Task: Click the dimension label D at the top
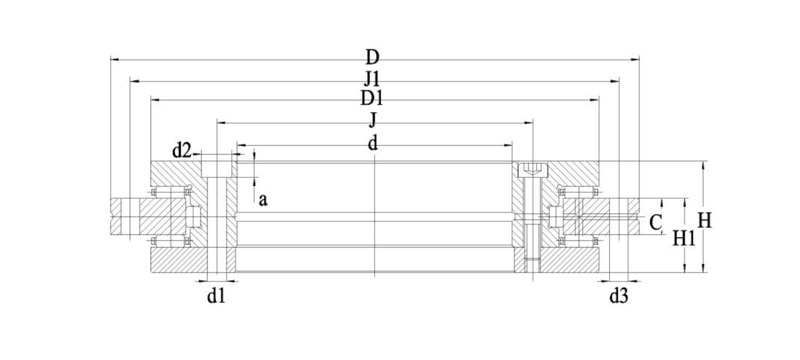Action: coord(372,58)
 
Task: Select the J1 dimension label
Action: coord(372,79)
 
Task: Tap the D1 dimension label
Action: coord(371,98)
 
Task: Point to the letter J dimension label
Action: coord(373,120)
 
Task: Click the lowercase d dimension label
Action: coord(372,143)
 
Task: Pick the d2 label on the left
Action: coord(182,151)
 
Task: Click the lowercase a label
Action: coord(263,200)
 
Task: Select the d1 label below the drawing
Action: coord(217,296)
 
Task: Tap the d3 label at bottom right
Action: coord(619,296)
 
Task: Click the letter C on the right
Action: coord(655,223)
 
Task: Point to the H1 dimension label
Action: coord(684,238)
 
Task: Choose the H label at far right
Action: coord(704,220)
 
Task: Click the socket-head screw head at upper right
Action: coord(532,169)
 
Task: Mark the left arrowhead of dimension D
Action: coord(115,60)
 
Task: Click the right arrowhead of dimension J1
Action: coord(614,82)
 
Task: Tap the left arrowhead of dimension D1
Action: coord(155,100)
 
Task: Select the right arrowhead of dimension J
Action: coord(529,123)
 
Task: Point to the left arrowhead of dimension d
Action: coord(241,145)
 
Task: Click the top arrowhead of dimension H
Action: coord(703,165)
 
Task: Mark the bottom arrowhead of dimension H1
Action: coord(685,268)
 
